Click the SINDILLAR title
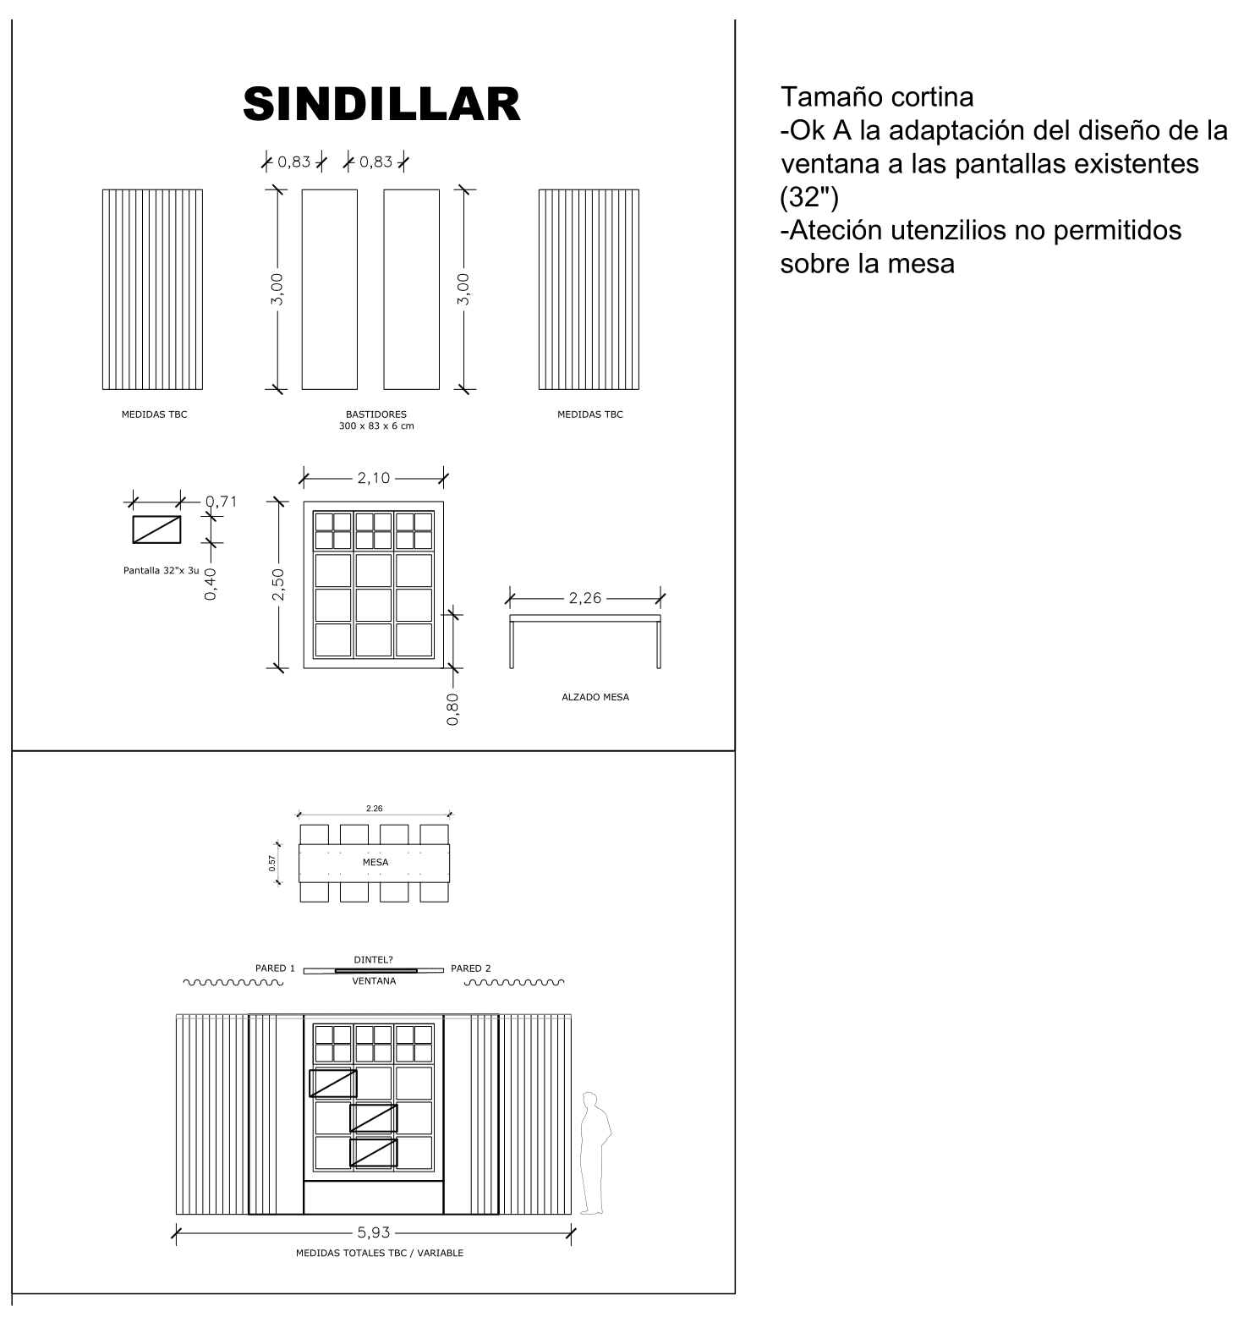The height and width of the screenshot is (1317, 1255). (x=381, y=104)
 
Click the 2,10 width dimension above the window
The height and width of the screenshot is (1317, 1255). (x=373, y=478)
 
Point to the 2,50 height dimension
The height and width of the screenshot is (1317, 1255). (x=278, y=584)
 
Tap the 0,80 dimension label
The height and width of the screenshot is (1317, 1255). (x=453, y=709)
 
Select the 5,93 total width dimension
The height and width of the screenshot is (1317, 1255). (x=373, y=1233)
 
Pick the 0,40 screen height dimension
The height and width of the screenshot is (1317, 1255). (x=211, y=583)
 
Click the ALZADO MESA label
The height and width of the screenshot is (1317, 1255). (x=595, y=698)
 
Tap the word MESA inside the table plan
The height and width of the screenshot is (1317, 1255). (x=375, y=863)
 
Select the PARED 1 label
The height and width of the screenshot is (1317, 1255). (x=275, y=969)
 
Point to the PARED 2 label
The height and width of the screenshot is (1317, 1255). (x=471, y=969)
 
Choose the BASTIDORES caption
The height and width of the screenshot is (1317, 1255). (x=376, y=414)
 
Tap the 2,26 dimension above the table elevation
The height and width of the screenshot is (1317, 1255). (x=584, y=598)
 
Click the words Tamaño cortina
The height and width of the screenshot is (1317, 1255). (x=876, y=97)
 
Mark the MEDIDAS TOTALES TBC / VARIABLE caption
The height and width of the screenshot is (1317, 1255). (x=379, y=1253)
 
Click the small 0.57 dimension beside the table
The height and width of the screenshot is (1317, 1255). (x=272, y=864)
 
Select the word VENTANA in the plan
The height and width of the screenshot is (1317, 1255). (x=374, y=981)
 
